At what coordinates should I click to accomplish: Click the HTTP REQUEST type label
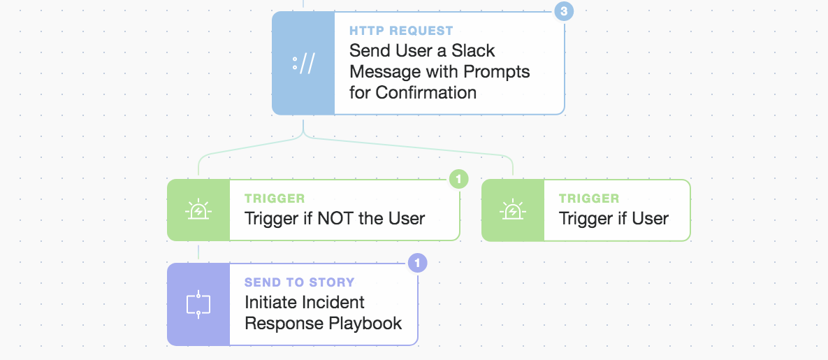coord(401,31)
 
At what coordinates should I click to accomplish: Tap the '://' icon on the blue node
coord(303,64)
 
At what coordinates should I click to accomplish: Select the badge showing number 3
coord(564,11)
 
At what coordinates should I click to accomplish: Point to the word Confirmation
coord(426,92)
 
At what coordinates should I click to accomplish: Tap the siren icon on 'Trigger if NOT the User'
coord(198,210)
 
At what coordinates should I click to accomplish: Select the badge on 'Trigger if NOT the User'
coord(459,180)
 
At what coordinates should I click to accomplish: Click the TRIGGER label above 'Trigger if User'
coord(589,199)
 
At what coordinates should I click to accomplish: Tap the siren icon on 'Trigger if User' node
coord(512,210)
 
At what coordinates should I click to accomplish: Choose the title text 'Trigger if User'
coord(613,218)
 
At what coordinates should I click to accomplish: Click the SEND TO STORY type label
coord(300,282)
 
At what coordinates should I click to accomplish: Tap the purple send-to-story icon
coord(198,305)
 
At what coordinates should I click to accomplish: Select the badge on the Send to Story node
coord(417,263)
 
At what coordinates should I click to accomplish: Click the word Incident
coord(334,303)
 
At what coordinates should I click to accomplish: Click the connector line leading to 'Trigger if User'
coord(409,145)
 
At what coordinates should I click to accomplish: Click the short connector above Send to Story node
coord(198,252)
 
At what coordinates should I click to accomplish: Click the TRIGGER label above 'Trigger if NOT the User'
coord(275,199)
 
